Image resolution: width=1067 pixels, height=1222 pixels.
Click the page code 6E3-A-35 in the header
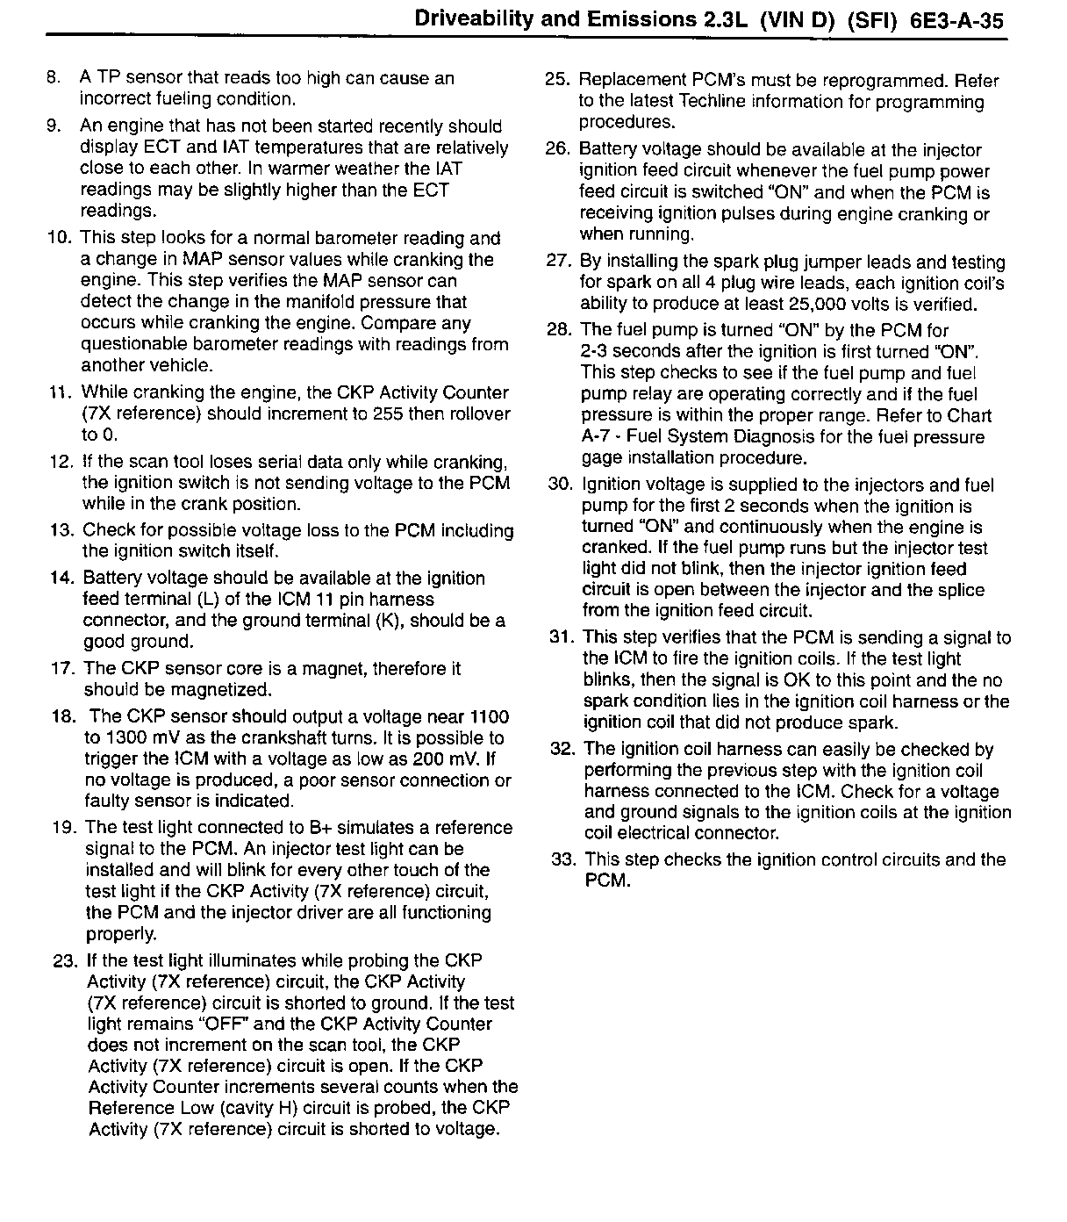tap(952, 20)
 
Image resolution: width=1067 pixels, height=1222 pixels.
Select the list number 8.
tap(54, 78)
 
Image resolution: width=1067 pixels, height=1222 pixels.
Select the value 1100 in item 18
tap(490, 717)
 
